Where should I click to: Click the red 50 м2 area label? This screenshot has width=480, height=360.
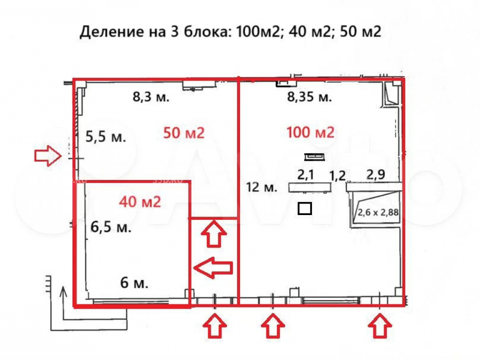click(184, 133)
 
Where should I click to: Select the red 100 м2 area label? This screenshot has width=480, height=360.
click(310, 132)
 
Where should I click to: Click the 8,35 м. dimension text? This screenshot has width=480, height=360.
click(310, 97)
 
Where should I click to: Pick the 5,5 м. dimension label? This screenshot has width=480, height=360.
click(106, 137)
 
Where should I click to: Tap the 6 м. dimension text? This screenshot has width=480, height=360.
click(134, 283)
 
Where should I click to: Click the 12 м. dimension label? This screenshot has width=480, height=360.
click(262, 188)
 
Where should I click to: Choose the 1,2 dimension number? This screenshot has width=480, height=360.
click(337, 175)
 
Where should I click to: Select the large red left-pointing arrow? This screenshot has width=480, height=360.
click(213, 268)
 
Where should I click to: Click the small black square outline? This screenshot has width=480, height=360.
click(305, 208)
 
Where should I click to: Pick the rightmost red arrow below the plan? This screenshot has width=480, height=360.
click(380, 327)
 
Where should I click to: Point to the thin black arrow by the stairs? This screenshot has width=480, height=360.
click(62, 300)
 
